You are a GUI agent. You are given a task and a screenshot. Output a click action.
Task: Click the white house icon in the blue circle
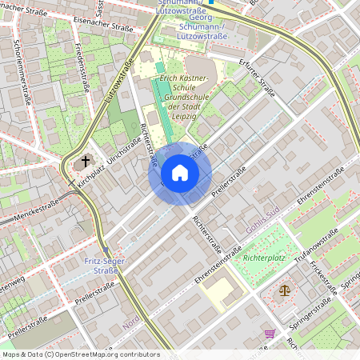(179, 173)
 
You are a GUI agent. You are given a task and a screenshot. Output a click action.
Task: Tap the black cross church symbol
(85, 162)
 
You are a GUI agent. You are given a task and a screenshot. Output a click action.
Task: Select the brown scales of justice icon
(285, 290)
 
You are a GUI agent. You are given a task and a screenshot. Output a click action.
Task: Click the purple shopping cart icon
(270, 334)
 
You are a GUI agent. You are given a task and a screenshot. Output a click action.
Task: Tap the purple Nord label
(133, 317)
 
